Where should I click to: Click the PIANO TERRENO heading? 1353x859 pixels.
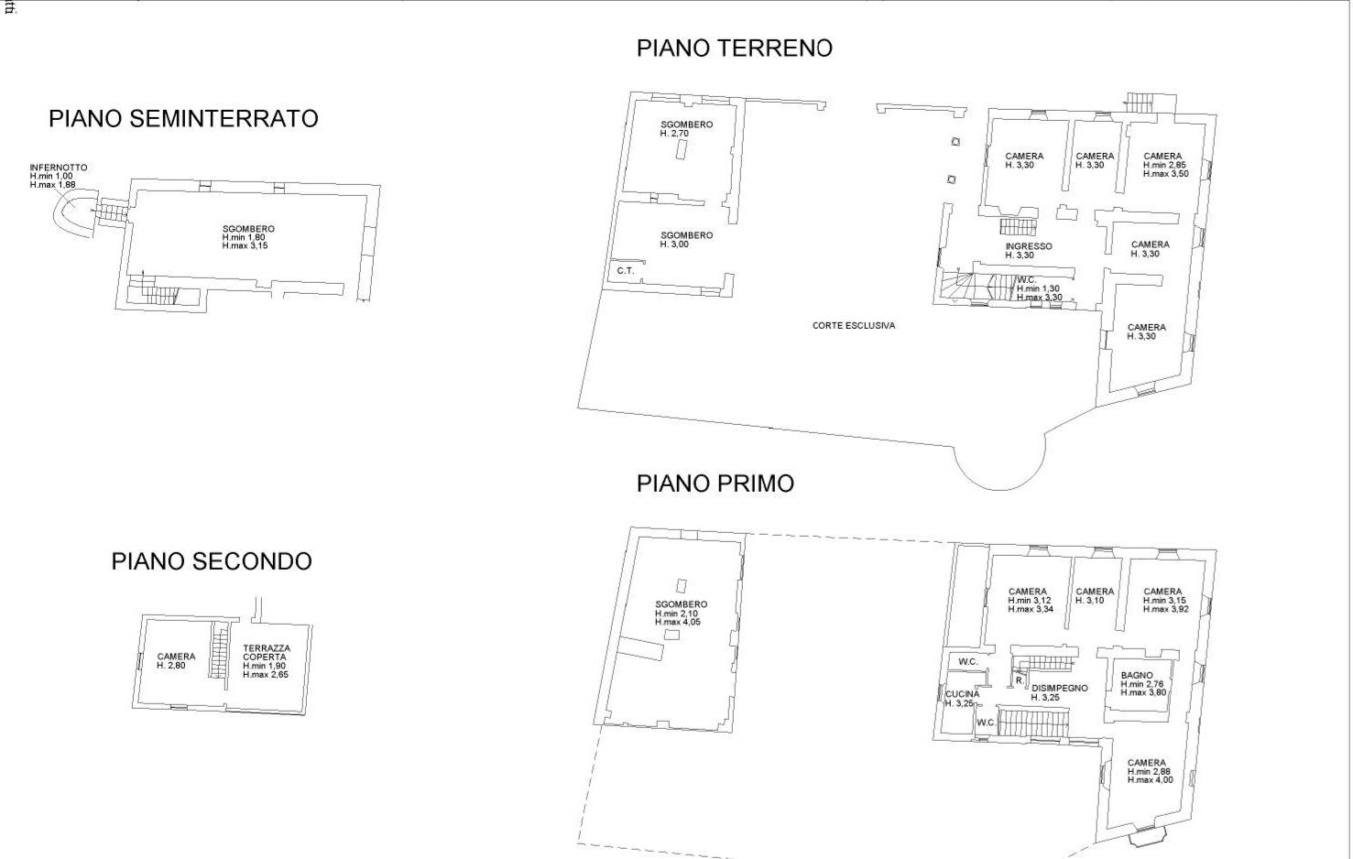click(734, 49)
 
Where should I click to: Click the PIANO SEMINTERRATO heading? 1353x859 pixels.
click(183, 119)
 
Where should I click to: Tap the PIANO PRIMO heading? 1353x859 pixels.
click(715, 484)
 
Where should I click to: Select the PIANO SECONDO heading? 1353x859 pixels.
click(212, 561)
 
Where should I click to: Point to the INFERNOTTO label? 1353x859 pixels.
click(59, 168)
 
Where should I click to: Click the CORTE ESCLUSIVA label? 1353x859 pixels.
click(853, 325)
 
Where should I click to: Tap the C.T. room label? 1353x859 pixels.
click(625, 270)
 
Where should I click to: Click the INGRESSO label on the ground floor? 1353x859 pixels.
click(1028, 246)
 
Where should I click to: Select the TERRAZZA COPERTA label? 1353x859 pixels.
click(266, 652)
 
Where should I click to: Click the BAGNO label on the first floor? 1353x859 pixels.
click(1137, 676)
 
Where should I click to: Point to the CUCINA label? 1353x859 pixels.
click(962, 694)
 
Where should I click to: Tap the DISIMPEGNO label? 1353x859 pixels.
click(1060, 688)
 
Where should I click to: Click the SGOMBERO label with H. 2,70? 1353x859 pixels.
click(686, 125)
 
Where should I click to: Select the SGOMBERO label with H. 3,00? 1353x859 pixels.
click(686, 235)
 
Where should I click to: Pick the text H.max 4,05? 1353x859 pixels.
click(678, 622)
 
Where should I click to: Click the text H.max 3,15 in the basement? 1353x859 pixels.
click(245, 245)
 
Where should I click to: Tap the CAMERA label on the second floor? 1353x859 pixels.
click(176, 657)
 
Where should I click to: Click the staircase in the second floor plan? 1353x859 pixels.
click(218, 651)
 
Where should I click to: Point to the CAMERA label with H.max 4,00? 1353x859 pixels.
click(1147, 763)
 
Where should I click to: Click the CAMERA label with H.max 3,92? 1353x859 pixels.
click(1162, 592)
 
